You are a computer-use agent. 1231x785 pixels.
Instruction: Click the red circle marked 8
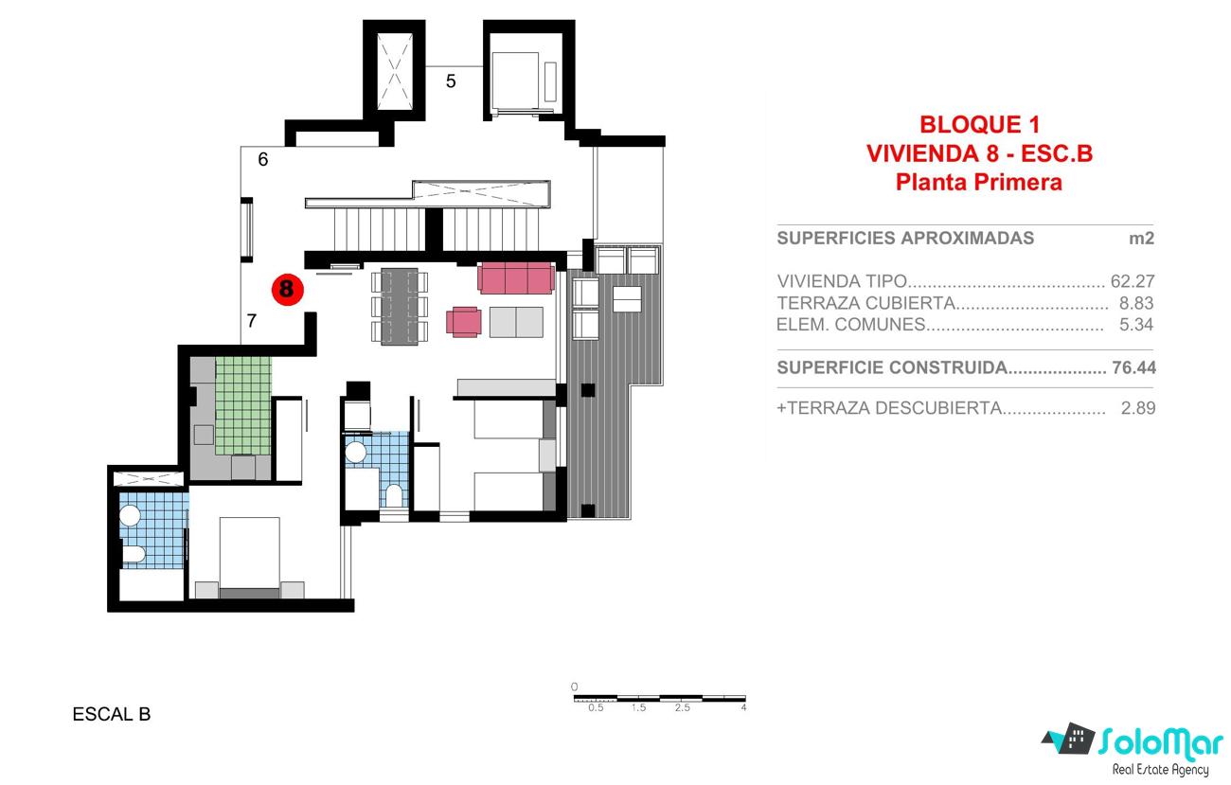[x=288, y=290]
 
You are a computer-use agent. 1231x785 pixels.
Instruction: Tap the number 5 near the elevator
[x=451, y=81]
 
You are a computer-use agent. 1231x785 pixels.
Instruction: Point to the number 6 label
[x=263, y=159]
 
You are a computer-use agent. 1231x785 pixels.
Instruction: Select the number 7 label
[x=252, y=320]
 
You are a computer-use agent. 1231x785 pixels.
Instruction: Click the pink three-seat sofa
[x=516, y=278]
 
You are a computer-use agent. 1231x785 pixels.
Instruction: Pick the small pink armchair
[x=464, y=322]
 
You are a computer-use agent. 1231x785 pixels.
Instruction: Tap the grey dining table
[x=400, y=306]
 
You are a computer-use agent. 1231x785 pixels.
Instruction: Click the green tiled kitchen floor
[x=243, y=405]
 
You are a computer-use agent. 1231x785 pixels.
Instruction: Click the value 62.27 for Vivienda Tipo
[x=1133, y=281]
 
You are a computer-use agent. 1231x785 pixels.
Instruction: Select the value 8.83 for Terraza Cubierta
[x=1136, y=303]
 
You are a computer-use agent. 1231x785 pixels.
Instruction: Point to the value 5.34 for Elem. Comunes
[x=1136, y=325]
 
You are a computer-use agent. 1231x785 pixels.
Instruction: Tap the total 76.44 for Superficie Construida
[x=1133, y=367]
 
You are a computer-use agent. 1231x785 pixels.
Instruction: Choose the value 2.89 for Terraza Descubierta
[x=1138, y=408]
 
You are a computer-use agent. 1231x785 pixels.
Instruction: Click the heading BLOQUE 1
[x=980, y=125]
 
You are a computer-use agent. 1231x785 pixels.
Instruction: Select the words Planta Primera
[x=979, y=183]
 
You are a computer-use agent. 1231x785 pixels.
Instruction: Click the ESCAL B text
[x=112, y=714]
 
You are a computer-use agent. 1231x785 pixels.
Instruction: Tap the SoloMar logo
[x=1133, y=749]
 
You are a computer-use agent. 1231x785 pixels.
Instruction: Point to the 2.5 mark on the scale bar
[x=683, y=707]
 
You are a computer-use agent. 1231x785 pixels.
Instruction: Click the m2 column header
[x=1141, y=239]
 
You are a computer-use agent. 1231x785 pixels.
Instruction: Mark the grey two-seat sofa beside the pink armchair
[x=516, y=322]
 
